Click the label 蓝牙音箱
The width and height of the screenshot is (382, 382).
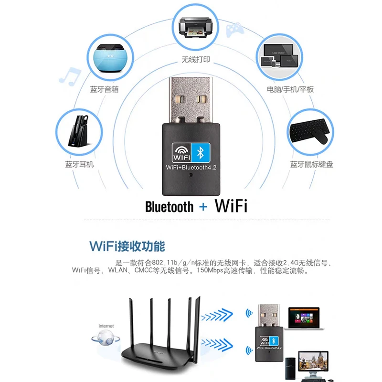(104, 89)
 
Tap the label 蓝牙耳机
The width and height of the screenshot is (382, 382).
(79, 164)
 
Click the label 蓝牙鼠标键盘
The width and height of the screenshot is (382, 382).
(312, 164)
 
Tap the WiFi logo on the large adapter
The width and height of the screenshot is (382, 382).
(178, 153)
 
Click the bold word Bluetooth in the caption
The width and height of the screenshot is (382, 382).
(169, 207)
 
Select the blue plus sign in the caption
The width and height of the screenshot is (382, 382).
(204, 207)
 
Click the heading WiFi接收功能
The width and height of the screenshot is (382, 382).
(127, 246)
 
